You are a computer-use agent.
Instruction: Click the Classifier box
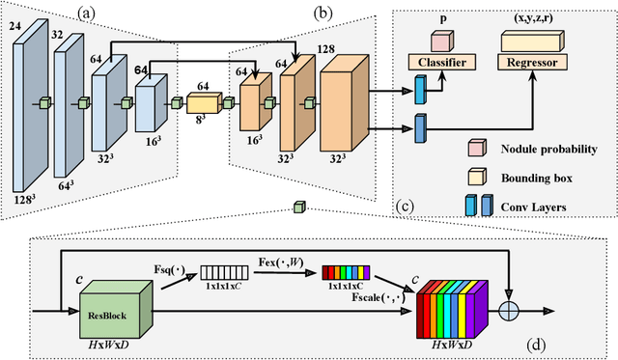click(443, 61)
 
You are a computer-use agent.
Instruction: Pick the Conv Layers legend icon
click(472, 204)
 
